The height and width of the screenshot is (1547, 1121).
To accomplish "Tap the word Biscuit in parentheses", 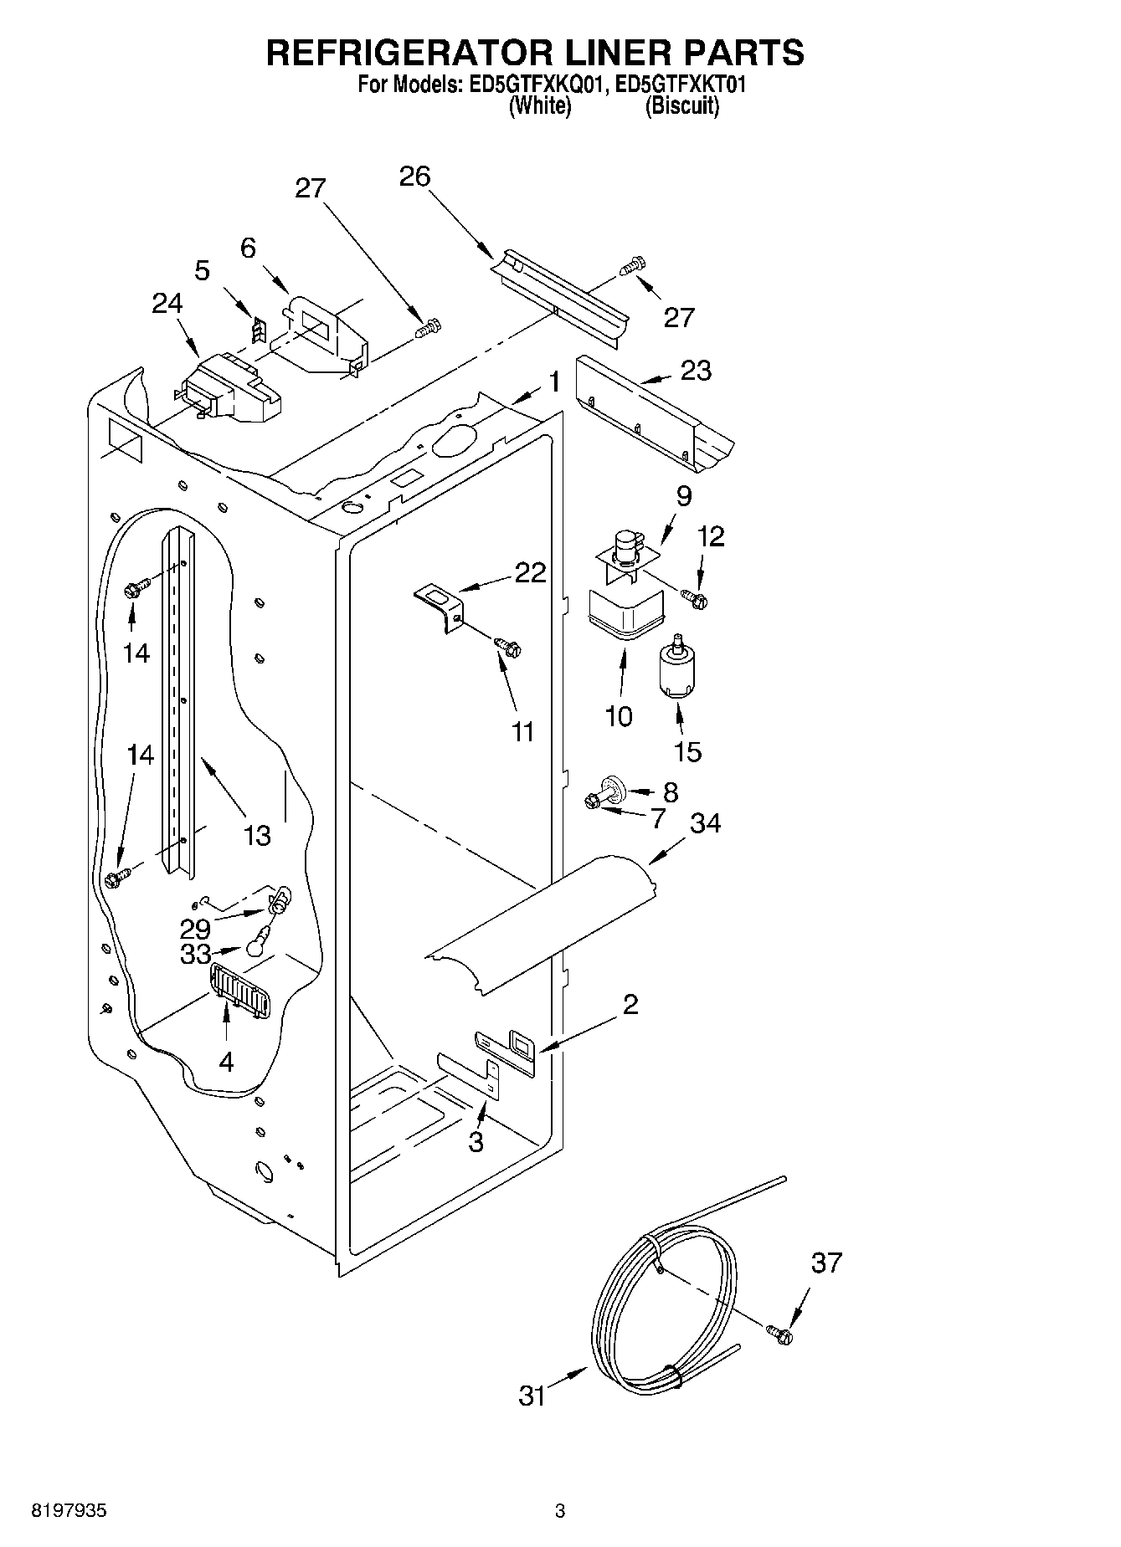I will click(x=682, y=106).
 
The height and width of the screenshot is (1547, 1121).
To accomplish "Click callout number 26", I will click(x=414, y=176).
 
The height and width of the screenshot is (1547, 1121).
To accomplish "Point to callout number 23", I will click(x=695, y=370).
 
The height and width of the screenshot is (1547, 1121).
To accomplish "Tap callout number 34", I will click(x=705, y=823).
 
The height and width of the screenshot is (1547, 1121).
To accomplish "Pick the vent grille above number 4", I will click(x=240, y=991).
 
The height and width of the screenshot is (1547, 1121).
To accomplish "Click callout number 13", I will click(x=257, y=834).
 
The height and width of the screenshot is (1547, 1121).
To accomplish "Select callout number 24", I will click(x=167, y=303).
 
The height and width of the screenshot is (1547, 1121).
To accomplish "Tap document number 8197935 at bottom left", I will click(x=69, y=1511).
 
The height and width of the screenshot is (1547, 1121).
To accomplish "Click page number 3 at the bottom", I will click(x=560, y=1511).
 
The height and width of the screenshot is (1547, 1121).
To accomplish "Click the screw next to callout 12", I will click(x=694, y=597).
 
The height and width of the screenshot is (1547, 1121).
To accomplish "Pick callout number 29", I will click(x=195, y=928).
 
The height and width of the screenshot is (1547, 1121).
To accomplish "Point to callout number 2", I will click(x=630, y=1005).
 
